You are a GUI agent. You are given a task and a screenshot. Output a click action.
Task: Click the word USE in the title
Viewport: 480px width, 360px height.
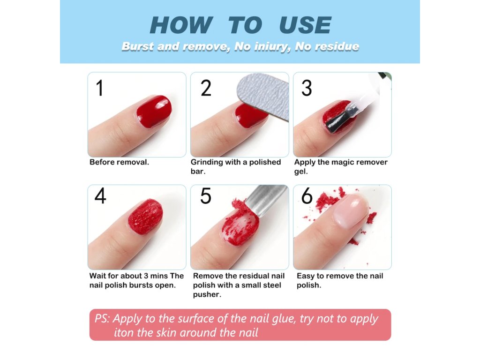tap(305, 25)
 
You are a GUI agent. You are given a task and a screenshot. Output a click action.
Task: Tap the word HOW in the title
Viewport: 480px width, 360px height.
tap(181, 25)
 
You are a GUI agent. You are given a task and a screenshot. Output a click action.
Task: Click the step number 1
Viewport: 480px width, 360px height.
tap(100, 88)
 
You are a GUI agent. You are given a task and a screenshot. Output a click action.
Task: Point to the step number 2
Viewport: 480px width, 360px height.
tap(206, 88)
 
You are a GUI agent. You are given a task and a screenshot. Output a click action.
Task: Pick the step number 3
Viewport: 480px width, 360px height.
tap(307, 88)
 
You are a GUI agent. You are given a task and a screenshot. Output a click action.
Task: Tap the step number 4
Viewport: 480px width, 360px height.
tap(100, 196)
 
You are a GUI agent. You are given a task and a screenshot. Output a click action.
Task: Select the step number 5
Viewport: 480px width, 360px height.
tap(205, 196)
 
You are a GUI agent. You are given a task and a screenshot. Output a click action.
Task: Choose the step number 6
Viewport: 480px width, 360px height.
tap(307, 196)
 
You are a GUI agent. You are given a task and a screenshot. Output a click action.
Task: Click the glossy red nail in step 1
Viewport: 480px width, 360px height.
tap(154, 111)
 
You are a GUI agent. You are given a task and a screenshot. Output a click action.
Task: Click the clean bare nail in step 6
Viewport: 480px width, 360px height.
tap(351, 211)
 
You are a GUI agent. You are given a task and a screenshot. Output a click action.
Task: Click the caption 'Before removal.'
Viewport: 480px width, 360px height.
tap(119, 162)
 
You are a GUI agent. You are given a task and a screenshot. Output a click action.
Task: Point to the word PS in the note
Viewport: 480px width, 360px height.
tap(102, 319)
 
